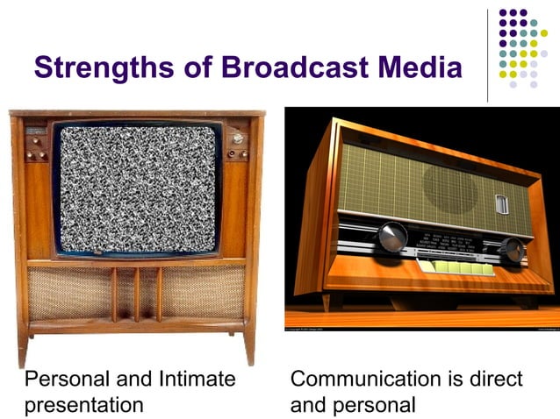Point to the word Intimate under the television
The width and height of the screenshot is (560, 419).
click(x=196, y=379)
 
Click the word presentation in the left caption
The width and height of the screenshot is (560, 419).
click(x=84, y=405)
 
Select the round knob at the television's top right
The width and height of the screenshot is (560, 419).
click(x=236, y=138)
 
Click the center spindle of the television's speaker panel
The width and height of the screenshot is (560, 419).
click(x=136, y=295)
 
